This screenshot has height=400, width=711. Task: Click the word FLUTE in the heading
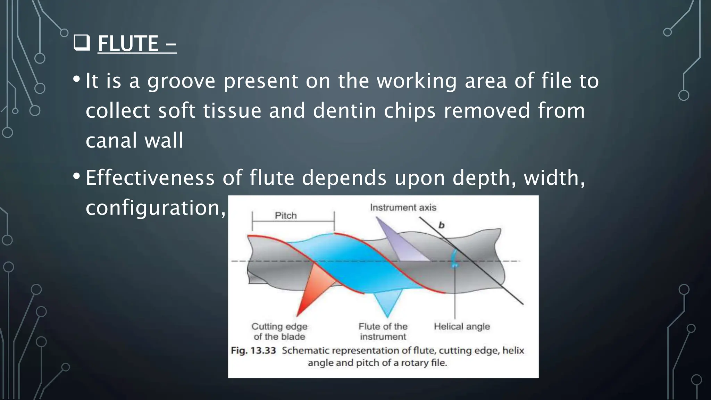coord(128,44)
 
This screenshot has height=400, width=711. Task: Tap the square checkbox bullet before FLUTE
coord(82,43)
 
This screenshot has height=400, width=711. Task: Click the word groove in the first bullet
coord(181,81)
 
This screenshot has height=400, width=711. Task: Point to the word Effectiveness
coord(150,178)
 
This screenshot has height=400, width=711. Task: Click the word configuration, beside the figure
coord(155,208)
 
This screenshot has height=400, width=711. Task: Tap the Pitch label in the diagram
coord(286,216)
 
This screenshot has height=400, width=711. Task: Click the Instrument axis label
coord(403,208)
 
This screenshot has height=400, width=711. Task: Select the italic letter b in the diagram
coord(441,225)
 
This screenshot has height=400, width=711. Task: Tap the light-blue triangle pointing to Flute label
coord(388,302)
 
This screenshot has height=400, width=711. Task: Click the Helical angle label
coord(462,326)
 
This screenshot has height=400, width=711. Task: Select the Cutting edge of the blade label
coord(279,331)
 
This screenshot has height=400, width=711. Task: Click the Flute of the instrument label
coord(383,331)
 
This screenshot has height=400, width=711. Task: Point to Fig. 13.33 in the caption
coord(253,350)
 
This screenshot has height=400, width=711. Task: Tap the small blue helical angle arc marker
coord(453,260)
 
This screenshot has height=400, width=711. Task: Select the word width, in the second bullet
coord(554,178)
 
